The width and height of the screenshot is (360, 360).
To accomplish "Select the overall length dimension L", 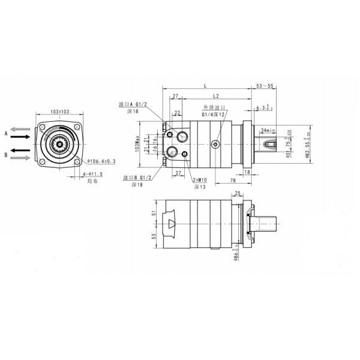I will tap(205, 86).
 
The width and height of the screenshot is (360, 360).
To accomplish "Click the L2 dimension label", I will tap(215, 95).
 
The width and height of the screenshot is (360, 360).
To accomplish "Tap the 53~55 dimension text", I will tap(265, 86).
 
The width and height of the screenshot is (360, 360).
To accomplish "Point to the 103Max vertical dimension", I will tap(137, 143).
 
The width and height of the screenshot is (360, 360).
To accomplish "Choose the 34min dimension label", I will tap(268, 129).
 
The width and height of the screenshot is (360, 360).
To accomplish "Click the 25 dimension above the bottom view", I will tap(238, 193).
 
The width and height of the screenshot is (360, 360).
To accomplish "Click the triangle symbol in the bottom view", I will tap(172, 224).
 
